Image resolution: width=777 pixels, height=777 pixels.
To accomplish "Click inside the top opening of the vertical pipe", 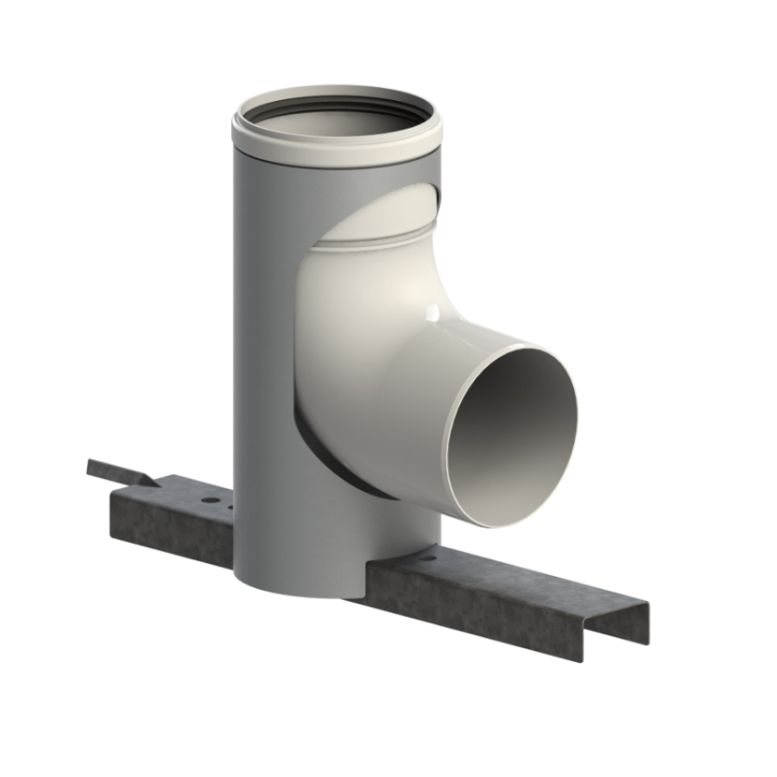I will (337, 121).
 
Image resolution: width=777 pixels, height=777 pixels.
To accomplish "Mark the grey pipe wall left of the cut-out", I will (263, 345).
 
